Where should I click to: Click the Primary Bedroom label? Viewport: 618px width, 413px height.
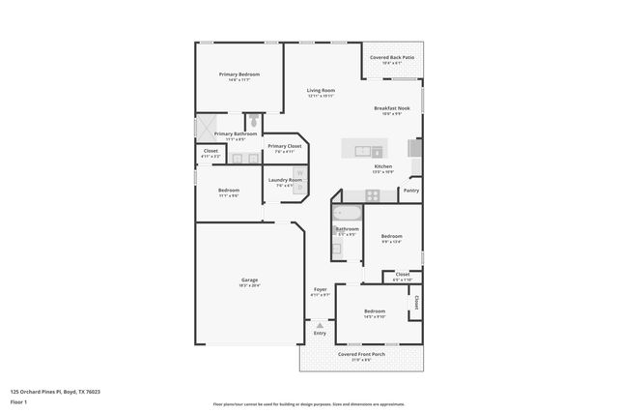tap(239, 74)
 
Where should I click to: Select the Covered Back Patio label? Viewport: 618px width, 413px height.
tap(391, 57)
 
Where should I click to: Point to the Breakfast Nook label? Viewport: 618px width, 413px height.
tap(391, 108)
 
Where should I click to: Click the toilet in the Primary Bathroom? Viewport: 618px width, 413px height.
tap(252, 122)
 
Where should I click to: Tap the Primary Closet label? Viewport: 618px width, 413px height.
tap(284, 146)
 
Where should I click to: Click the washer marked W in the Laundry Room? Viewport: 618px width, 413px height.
tap(298, 174)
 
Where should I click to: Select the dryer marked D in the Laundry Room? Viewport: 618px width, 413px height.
tap(298, 187)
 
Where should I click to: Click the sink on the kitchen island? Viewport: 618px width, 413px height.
tap(366, 151)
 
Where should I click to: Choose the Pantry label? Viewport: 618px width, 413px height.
tap(410, 191)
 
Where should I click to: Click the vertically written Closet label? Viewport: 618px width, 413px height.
tap(415, 303)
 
